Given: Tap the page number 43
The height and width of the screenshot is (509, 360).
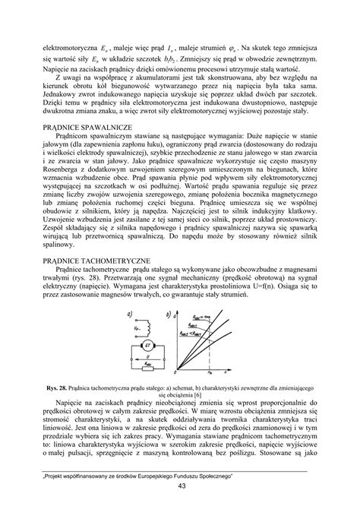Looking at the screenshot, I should pos(180,486).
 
